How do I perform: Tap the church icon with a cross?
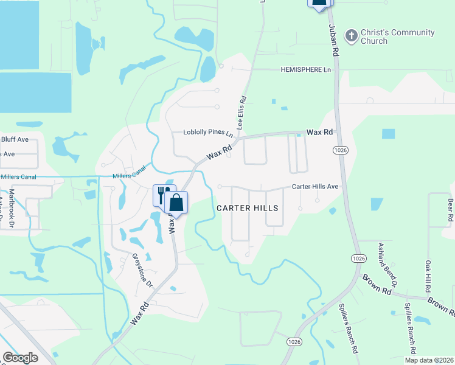pyautogui.click(x=350, y=36)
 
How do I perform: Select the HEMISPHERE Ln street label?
pyautogui.click(x=306, y=70)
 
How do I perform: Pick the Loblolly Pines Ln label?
pyautogui.click(x=209, y=133)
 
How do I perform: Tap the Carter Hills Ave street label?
pyautogui.click(x=315, y=187)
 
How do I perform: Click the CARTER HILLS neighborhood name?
pyautogui.click(x=248, y=208)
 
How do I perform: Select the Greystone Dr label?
pyautogui.click(x=142, y=270)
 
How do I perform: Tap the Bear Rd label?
pyautogui.click(x=450, y=209)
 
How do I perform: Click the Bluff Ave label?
pyautogui.click(x=15, y=139)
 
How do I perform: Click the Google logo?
pyautogui.click(x=21, y=358)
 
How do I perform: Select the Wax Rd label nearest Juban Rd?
pyautogui.click(x=319, y=132)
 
